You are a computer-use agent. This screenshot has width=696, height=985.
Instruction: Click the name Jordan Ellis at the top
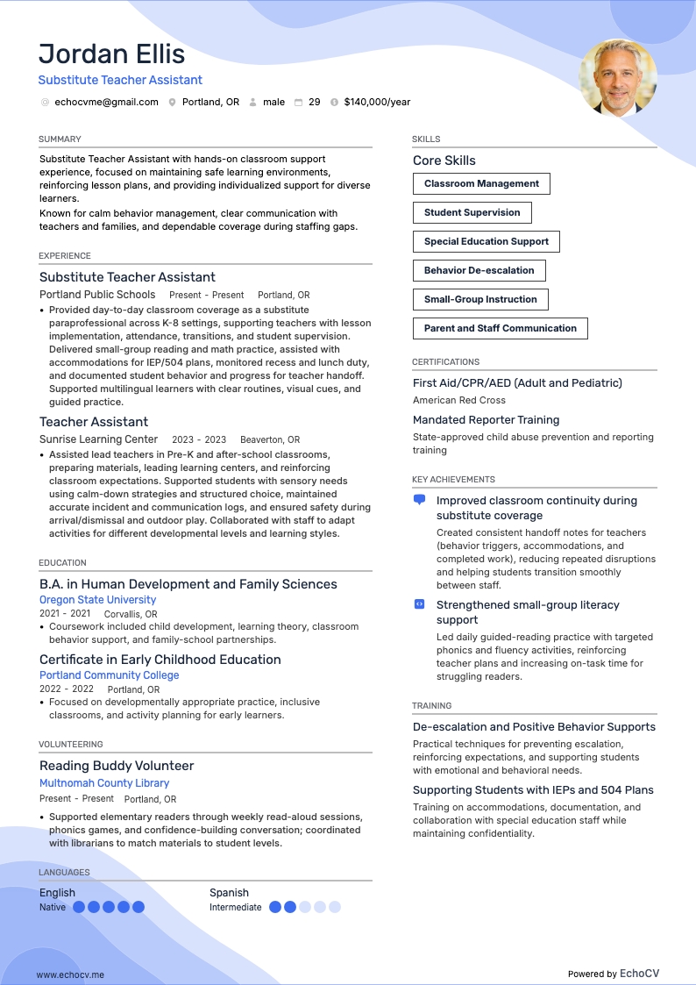(111, 54)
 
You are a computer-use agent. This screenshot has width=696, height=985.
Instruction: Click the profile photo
(618, 78)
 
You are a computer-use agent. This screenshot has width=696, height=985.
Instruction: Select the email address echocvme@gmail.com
(106, 102)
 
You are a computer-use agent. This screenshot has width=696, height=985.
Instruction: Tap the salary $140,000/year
(377, 102)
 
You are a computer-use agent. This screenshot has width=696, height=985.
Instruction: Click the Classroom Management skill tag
(481, 183)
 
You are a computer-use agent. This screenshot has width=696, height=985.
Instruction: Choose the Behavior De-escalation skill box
(479, 270)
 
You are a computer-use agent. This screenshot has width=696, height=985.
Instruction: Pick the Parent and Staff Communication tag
(500, 328)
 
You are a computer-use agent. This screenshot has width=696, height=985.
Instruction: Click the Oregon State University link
(97, 600)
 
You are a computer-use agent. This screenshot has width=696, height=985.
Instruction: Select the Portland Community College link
(109, 675)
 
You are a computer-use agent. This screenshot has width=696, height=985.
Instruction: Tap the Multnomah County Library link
(104, 783)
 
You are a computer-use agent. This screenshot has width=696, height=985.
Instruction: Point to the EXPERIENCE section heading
(65, 256)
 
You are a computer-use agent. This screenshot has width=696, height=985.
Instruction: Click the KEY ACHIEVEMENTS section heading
(453, 480)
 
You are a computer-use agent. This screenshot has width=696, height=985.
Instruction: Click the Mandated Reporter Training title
(486, 420)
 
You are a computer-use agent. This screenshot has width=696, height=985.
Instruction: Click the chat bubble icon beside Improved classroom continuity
(419, 500)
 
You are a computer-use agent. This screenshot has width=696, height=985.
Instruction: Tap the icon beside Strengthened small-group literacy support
(419, 604)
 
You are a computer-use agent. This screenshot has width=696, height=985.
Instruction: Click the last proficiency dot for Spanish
(335, 907)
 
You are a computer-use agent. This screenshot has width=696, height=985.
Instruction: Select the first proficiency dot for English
(79, 907)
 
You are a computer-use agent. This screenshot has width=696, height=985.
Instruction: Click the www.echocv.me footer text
(70, 974)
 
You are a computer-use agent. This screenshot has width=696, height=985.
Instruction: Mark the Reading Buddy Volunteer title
(117, 766)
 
